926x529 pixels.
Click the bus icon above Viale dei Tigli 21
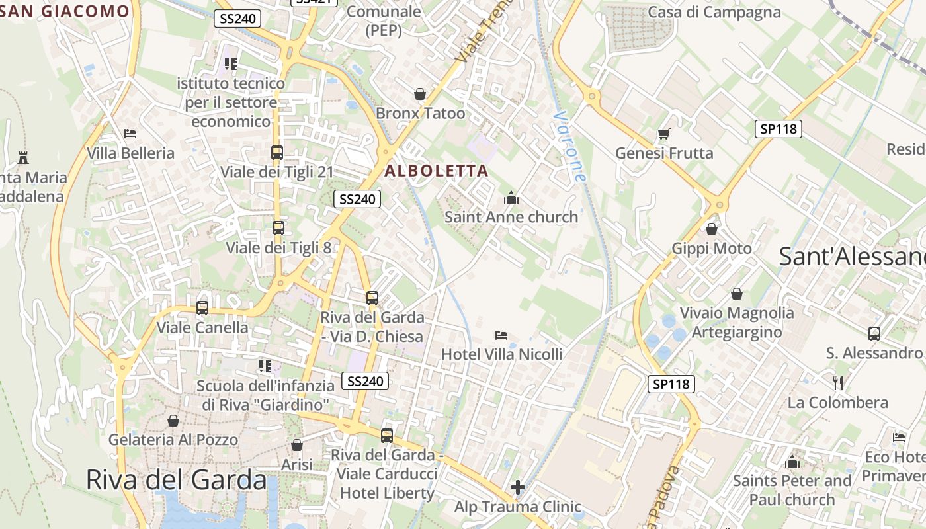click(x=277, y=153)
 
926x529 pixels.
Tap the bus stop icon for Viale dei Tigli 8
click(x=278, y=228)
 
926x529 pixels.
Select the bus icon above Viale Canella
click(x=202, y=308)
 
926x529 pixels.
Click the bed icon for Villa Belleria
click(x=130, y=134)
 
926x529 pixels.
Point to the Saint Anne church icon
click(x=511, y=198)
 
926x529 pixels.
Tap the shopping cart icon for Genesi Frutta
click(x=664, y=134)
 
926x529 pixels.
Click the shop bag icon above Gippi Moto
click(x=712, y=229)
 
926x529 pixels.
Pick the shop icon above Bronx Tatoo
click(x=420, y=94)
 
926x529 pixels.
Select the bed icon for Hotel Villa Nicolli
click(x=501, y=335)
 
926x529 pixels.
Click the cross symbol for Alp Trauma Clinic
click(x=518, y=488)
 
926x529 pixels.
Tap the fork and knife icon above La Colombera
click(x=838, y=382)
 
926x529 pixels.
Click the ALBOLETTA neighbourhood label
click(x=437, y=171)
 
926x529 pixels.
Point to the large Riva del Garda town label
click(x=177, y=480)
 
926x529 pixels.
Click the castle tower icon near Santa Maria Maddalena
click(x=24, y=157)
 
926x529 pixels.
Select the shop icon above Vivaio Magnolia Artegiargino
click(x=737, y=294)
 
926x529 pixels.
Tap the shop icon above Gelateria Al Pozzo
click(x=173, y=421)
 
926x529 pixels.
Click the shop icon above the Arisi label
click(x=297, y=445)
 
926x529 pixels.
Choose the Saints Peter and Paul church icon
click(x=792, y=462)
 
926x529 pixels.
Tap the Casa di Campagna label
click(x=714, y=12)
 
